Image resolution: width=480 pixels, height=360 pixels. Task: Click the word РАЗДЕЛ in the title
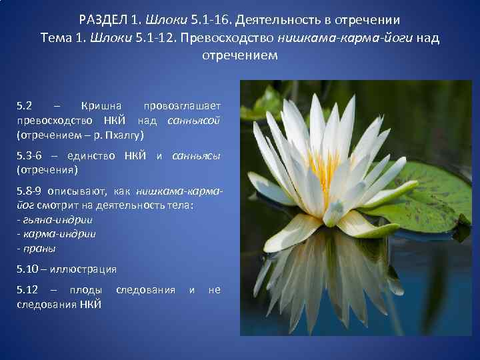tap(107, 19)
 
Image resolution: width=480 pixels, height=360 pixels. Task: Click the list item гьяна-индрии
tap(57, 219)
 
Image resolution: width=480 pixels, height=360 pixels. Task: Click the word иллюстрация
tap(87, 269)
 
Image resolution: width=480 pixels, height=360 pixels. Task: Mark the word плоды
tap(87, 290)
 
